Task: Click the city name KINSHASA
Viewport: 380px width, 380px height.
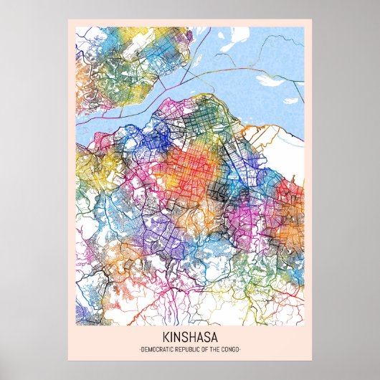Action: point(190,338)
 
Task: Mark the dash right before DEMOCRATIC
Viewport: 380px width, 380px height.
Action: point(140,349)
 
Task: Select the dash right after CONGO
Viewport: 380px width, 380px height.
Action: point(240,349)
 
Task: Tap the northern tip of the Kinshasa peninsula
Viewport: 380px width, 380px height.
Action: point(204,98)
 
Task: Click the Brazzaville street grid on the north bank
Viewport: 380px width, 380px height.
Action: point(122,61)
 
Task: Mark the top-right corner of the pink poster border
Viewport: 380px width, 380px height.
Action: point(310,20)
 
